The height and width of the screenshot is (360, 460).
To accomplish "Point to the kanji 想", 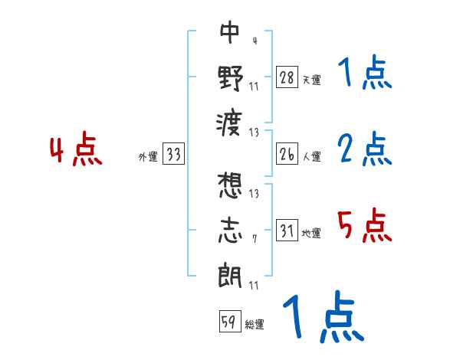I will pyautogui.click(x=230, y=186).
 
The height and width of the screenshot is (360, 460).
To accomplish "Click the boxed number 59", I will pyautogui.click(x=229, y=322).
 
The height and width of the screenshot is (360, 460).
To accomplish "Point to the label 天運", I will pyautogui.click(x=311, y=80).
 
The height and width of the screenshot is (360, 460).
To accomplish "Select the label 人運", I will pyautogui.click(x=311, y=156).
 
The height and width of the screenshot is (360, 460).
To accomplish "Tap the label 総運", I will pyautogui.click(x=254, y=325).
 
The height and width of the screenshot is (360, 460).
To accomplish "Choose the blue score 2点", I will pyautogui.click(x=364, y=149).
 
